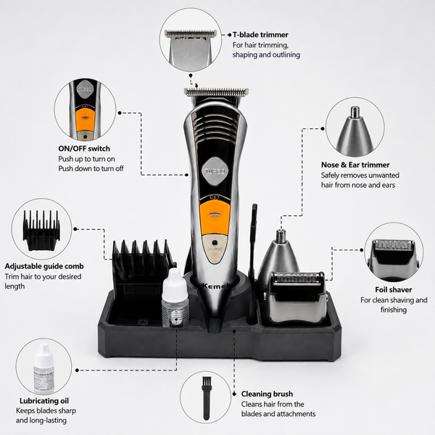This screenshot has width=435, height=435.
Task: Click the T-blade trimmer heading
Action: (x=260, y=35)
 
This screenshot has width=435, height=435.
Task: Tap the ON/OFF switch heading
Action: (x=84, y=149)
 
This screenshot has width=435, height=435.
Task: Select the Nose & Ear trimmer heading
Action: (x=355, y=165)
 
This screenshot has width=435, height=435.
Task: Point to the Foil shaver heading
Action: (x=394, y=289)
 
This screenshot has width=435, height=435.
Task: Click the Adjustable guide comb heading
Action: (x=44, y=266)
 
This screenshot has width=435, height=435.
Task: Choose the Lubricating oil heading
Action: (x=44, y=401)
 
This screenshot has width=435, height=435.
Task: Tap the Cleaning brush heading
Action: (x=267, y=394)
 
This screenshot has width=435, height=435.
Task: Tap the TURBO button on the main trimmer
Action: (x=215, y=171)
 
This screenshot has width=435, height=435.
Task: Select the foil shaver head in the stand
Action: (x=295, y=297)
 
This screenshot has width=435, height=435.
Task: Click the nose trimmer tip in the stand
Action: (x=281, y=236)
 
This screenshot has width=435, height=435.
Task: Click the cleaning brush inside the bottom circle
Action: (x=206, y=397)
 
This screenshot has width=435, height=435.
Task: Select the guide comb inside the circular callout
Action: (x=41, y=230)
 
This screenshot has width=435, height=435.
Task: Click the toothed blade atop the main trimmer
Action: (x=216, y=92)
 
